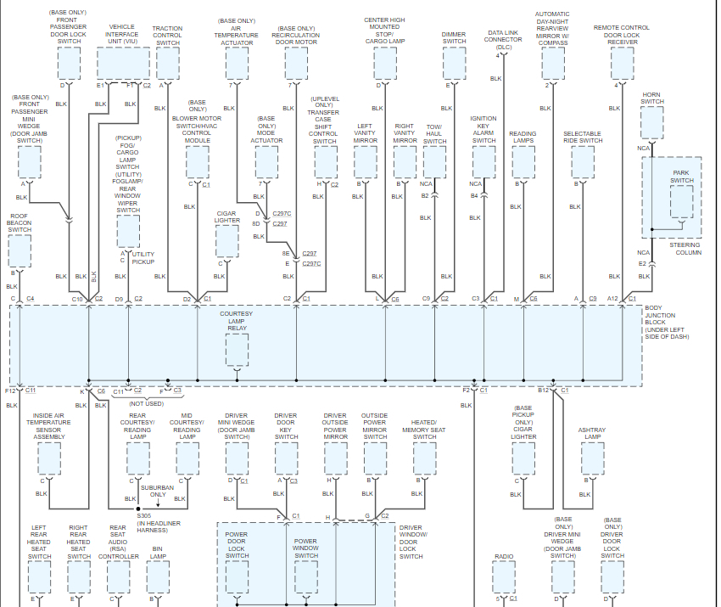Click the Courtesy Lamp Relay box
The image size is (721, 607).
[237, 350]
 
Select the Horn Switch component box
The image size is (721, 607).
[652, 123]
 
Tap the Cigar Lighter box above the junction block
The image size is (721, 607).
[227, 241]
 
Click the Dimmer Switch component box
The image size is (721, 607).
[454, 62]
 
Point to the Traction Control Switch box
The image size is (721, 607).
[168, 62]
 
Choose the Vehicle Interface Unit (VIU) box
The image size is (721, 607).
[123, 62]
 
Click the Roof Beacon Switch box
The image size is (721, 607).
[20, 251]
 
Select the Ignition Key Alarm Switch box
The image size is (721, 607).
[483, 161]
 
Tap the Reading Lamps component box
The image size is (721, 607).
[523, 161]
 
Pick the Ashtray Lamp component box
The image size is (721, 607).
[592, 458]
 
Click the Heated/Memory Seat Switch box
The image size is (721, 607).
[424, 458]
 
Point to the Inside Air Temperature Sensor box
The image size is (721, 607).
[48, 458]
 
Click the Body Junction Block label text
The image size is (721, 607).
[667, 322]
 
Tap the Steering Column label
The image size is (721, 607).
[685, 249]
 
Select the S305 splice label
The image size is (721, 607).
[144, 514]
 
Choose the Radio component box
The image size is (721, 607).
[505, 577]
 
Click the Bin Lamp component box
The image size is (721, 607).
[158, 577]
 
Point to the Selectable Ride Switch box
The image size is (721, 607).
[582, 161]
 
